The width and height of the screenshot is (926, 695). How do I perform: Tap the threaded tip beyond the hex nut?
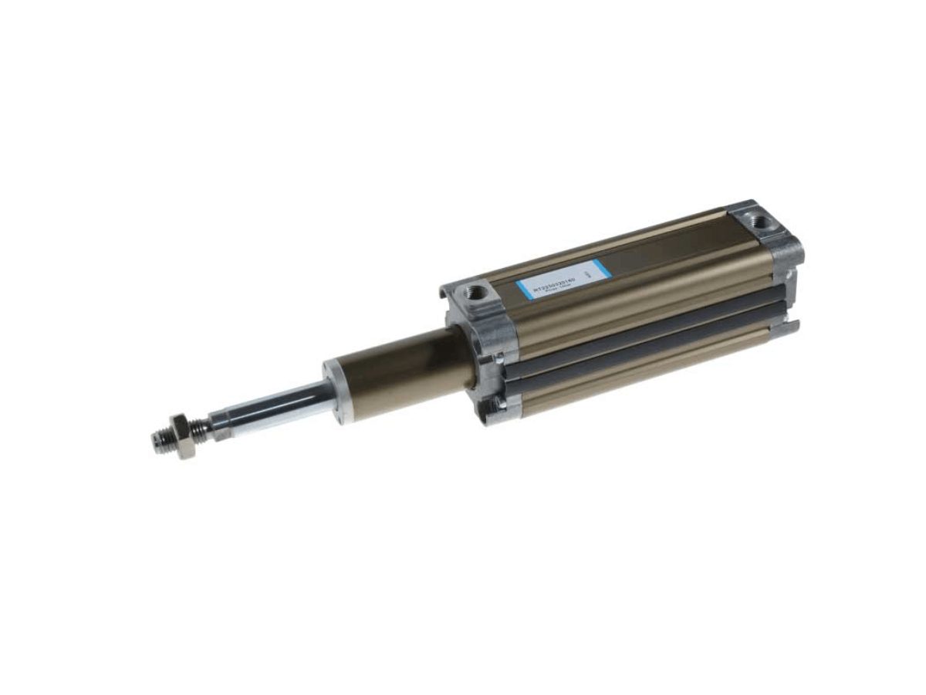coord(162,440)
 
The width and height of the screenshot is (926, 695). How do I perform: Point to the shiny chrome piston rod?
coord(270,406)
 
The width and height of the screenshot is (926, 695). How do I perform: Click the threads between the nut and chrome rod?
coord(203,426)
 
